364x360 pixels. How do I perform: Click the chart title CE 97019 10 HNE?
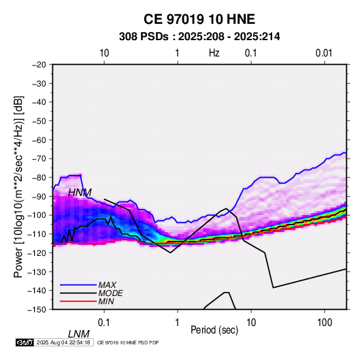pos(199,19)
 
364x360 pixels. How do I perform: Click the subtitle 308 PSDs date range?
pos(199,37)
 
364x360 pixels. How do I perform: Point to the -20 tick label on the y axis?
pos(39,65)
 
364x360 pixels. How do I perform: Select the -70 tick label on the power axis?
pos(39,159)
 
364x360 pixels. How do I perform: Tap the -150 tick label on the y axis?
pos(37,310)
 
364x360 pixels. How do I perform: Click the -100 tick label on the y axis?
pos(37,215)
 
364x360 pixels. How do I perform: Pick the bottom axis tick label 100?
pos(325,323)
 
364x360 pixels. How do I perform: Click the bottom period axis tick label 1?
pos(178,323)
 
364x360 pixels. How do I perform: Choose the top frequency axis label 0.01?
pos(324,53)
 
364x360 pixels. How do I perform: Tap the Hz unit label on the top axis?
pos(214,53)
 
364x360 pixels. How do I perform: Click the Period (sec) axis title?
pos(214,330)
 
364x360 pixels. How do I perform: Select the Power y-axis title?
pos(18,186)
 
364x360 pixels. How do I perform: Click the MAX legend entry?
pos(107,284)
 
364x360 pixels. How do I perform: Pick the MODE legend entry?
pos(110,293)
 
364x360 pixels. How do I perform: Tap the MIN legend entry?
pos(106,301)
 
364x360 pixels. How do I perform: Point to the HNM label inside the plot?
pos(80,193)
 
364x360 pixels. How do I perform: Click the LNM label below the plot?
pos(78,334)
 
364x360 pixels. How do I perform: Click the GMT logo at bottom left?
pos(25,342)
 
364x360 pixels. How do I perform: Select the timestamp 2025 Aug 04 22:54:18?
pos(63,342)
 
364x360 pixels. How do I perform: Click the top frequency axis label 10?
pos(104,53)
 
